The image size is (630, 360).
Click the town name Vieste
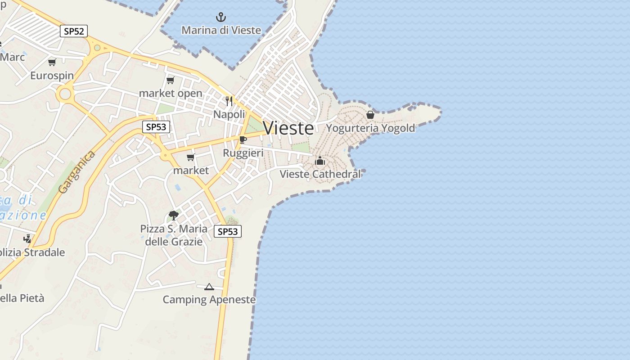(288, 128)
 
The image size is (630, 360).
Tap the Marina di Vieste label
(221, 30)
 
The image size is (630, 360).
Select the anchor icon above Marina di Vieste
(220, 18)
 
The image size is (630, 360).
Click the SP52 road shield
(74, 31)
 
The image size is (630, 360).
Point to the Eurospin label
(52, 76)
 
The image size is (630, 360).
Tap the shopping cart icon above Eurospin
(52, 63)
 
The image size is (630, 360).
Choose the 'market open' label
(171, 94)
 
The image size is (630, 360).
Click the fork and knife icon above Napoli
(229, 101)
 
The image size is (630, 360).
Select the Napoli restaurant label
(229, 114)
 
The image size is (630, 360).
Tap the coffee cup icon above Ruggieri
(243, 140)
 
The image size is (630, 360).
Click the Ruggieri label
(243, 153)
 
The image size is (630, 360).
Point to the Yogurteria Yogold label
(370, 128)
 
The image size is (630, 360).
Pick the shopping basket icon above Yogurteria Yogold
(370, 115)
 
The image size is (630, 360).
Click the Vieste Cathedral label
(320, 174)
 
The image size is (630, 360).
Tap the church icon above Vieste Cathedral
(320, 161)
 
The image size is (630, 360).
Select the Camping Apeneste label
(209, 300)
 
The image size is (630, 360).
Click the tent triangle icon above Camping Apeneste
(209, 287)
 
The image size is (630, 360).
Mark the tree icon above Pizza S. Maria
(173, 216)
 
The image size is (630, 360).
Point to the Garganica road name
(77, 173)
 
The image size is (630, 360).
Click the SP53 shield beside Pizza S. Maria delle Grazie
(228, 231)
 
